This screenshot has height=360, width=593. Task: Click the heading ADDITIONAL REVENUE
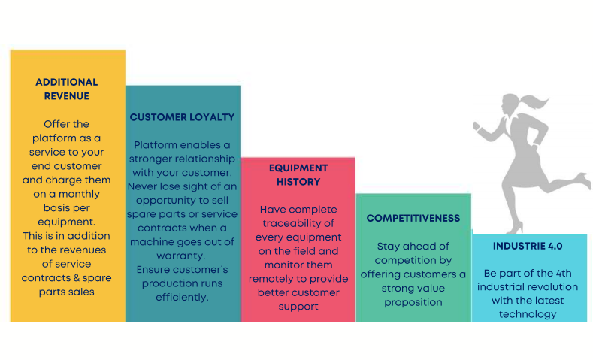pyautogui.click(x=67, y=89)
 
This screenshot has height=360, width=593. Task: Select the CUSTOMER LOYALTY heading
pyautogui.click(x=183, y=117)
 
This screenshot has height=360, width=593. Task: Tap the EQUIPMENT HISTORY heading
pyautogui.click(x=298, y=174)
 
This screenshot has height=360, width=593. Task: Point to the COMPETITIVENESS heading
pyautogui.click(x=413, y=218)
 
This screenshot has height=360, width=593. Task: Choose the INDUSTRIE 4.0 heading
pyautogui.click(x=528, y=246)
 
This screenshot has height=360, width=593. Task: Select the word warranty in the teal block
pyautogui.click(x=181, y=256)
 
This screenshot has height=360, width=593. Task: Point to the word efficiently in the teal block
pyautogui.click(x=182, y=298)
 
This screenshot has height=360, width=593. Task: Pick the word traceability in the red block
pyautogui.click(x=298, y=223)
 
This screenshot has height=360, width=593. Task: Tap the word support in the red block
pyautogui.click(x=298, y=307)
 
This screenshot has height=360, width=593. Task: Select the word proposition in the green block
pyautogui.click(x=413, y=303)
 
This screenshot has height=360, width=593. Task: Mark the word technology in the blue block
pyautogui.click(x=528, y=315)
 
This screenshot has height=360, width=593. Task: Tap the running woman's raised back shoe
pyautogui.click(x=584, y=180)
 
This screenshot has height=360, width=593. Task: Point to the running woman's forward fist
pyautogui.click(x=477, y=126)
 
